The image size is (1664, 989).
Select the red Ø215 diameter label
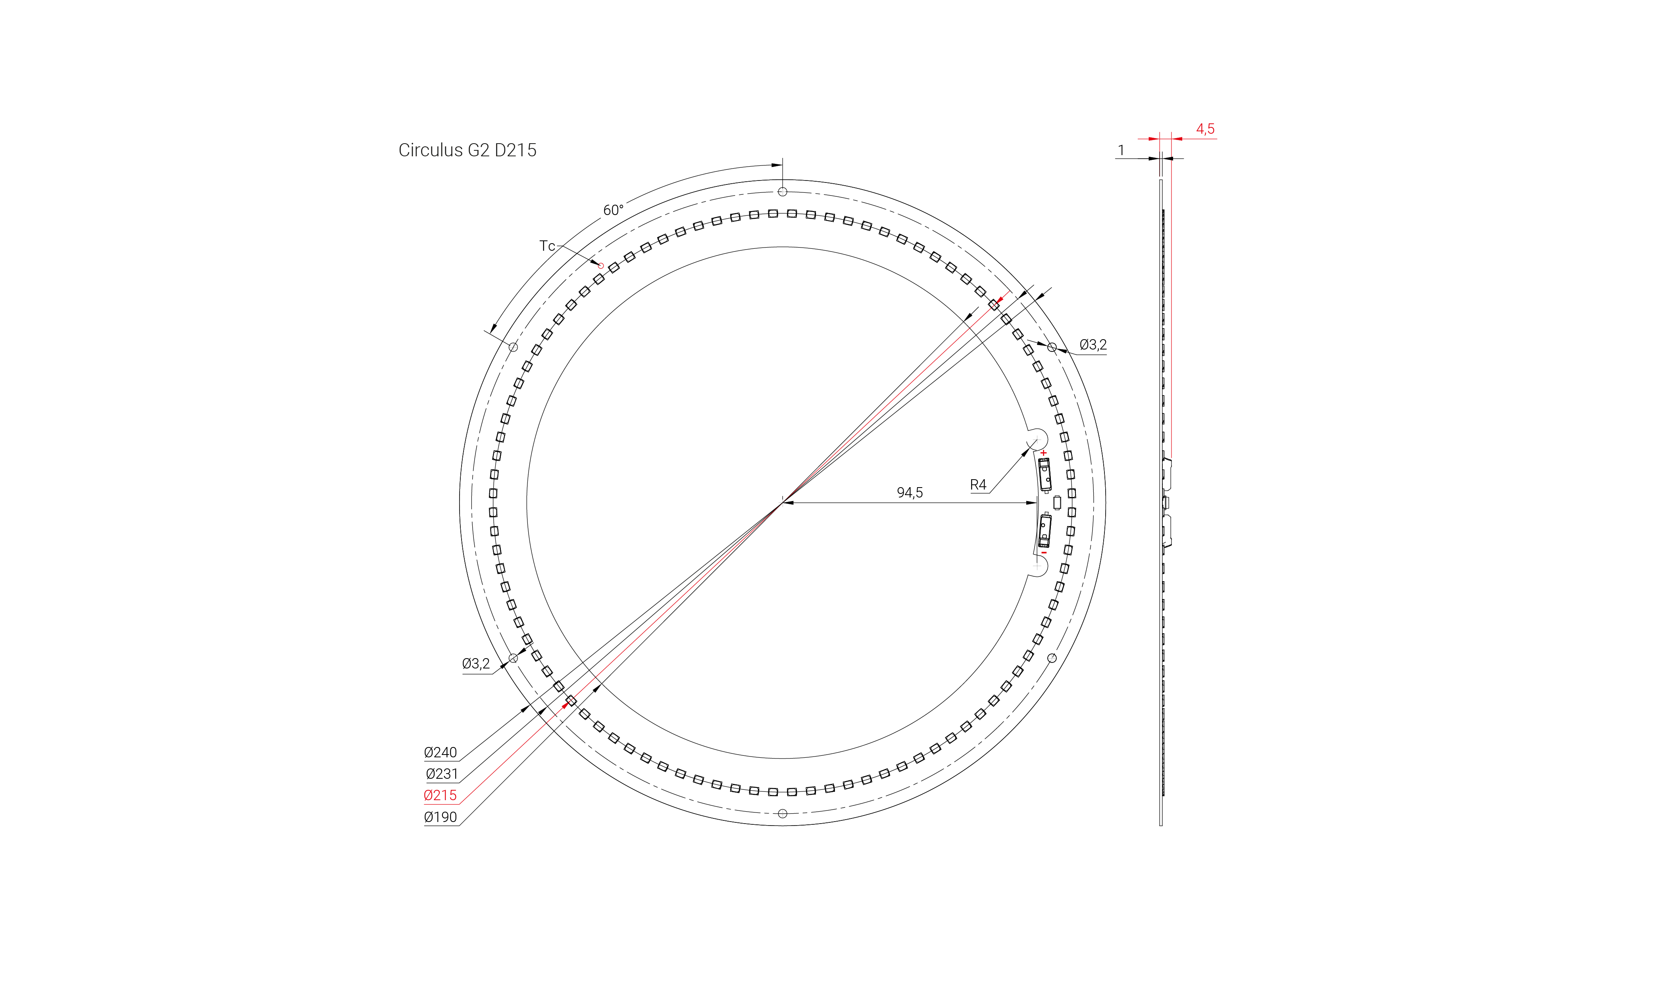440,795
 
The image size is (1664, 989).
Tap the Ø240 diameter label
440,753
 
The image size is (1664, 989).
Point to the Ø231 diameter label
441,774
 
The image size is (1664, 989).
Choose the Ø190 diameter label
440,817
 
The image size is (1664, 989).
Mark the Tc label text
547,246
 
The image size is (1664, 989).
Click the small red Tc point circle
601,265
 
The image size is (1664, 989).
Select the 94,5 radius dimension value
909,492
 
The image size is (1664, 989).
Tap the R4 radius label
977,484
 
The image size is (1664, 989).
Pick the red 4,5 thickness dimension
1205,129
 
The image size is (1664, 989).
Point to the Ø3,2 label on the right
1093,345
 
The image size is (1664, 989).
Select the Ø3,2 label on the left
475,663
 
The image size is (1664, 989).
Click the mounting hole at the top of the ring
783,192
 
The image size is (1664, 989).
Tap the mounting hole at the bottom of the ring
783,814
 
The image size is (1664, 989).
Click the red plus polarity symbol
1043,453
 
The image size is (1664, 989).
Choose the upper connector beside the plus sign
1045,474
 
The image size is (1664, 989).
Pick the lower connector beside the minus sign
1045,530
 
